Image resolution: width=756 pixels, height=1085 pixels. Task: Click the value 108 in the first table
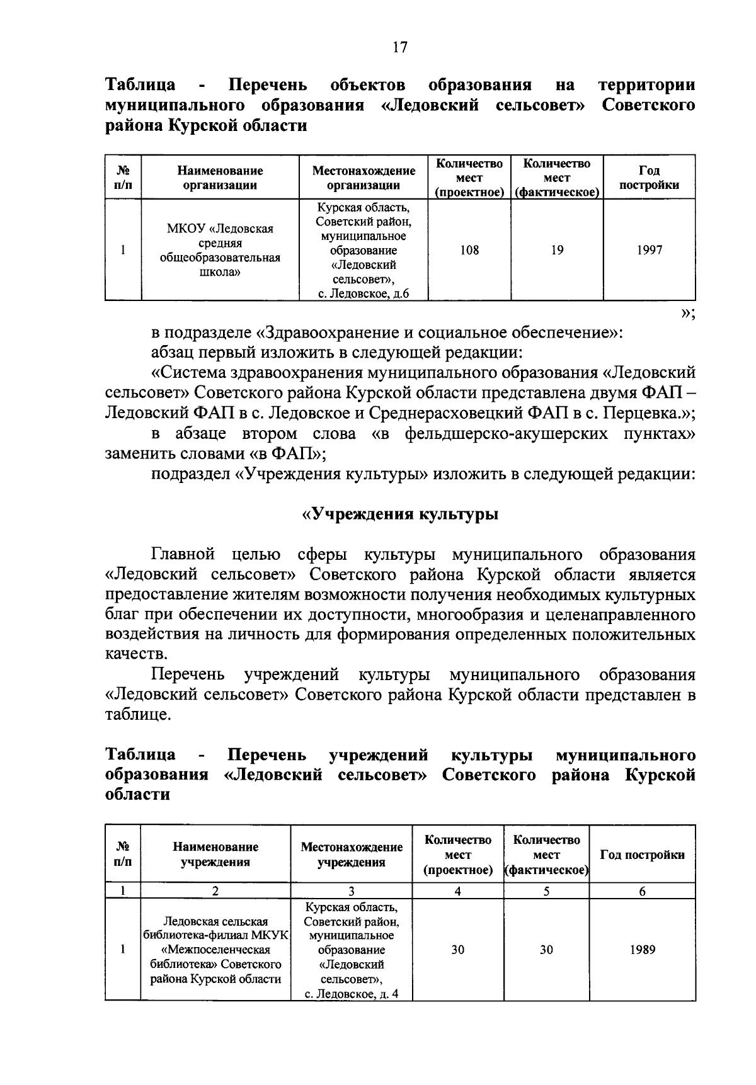tap(469, 251)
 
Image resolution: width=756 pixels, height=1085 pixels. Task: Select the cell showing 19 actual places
tap(557, 251)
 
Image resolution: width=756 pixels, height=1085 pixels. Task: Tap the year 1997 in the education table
tap(649, 251)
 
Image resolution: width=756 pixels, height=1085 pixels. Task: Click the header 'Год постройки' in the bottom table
tap(642, 855)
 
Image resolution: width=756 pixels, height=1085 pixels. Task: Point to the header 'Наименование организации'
tap(220, 178)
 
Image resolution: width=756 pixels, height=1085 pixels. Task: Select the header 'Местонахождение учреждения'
tap(352, 855)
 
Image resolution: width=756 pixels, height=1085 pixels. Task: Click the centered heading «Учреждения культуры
tap(400, 514)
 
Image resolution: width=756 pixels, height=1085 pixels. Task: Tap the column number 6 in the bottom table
tap(643, 891)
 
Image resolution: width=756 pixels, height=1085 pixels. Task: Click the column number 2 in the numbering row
tap(215, 891)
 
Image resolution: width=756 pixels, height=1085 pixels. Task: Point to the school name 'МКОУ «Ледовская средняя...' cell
tap(220, 251)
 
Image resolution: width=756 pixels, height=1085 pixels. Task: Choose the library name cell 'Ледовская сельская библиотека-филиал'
tap(215, 950)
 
